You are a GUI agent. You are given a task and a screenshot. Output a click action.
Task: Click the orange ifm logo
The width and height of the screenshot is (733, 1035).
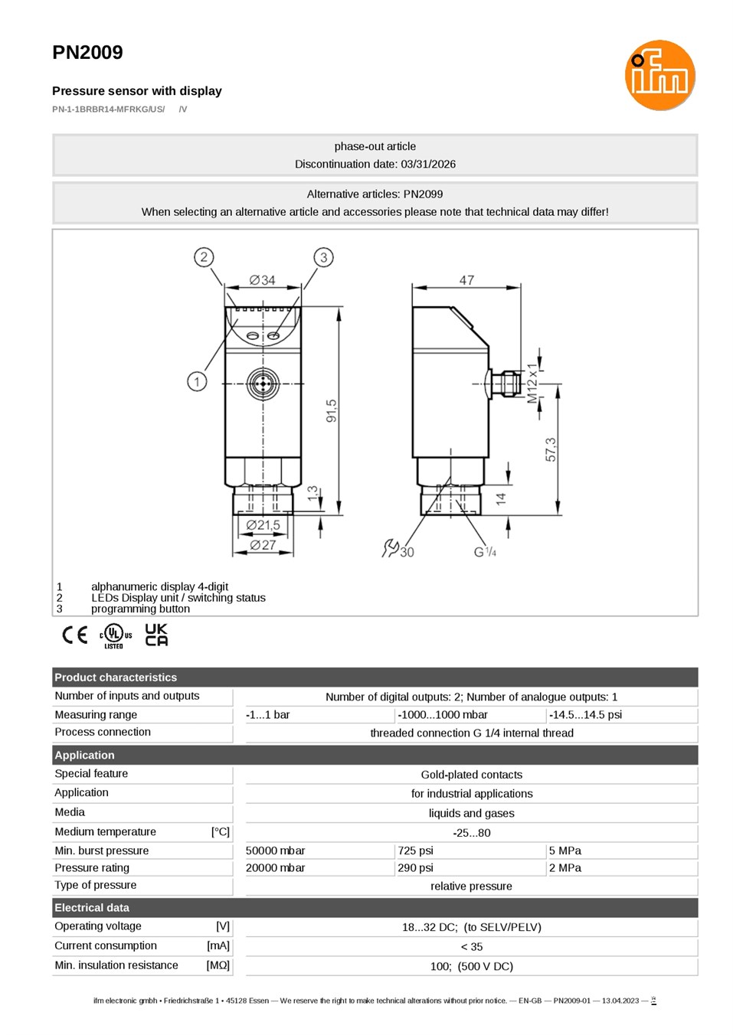(659, 75)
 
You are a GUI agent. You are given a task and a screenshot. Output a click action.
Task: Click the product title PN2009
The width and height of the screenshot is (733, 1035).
(87, 53)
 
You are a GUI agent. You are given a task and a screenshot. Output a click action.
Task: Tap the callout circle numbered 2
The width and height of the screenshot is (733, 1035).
(204, 257)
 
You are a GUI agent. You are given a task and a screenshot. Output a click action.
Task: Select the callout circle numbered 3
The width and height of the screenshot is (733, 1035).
(323, 257)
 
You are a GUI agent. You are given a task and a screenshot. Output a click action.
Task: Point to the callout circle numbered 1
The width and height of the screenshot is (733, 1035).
(197, 382)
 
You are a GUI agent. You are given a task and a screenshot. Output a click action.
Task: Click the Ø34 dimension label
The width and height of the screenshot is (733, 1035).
(262, 280)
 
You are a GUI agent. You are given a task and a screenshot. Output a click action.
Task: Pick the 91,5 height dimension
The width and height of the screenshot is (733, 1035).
(332, 411)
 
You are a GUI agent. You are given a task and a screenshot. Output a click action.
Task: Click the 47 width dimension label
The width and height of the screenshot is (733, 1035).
(466, 280)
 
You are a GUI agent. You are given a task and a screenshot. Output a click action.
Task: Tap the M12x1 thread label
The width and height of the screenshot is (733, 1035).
(532, 383)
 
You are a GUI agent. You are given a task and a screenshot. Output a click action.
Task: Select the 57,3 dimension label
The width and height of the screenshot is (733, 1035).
(551, 449)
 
